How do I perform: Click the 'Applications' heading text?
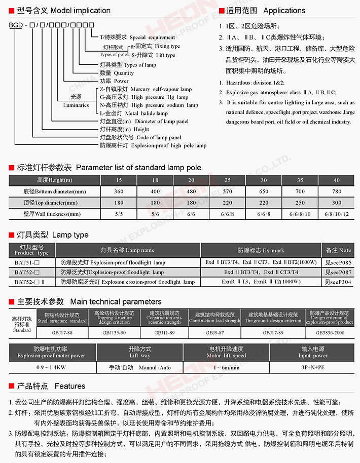pyautogui.click(x=284, y=10)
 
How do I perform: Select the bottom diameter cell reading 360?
pyautogui.click(x=119, y=191)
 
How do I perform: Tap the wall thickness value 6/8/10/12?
pyautogui.click(x=337, y=214)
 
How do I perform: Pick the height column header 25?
pyautogui.click(x=228, y=180)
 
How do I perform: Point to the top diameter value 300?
pyautogui.click(x=337, y=203)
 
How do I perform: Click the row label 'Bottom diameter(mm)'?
pyautogui.click(x=55, y=191)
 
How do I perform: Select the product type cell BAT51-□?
pyautogui.click(x=31, y=262)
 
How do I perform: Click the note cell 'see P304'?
pyautogui.click(x=338, y=282)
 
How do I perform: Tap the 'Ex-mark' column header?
pyautogui.click(x=261, y=250)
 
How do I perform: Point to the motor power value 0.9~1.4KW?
pyautogui.click(x=51, y=366)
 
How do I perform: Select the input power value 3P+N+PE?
pyautogui.click(x=313, y=366)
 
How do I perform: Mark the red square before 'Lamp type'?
pyautogui.click(x=12, y=235)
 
